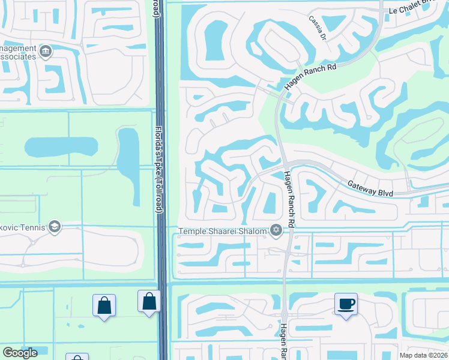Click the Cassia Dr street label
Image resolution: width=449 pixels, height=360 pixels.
point(318,28)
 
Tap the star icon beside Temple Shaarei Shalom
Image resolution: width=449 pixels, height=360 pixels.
point(276,230)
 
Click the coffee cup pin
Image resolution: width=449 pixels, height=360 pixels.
point(346,304)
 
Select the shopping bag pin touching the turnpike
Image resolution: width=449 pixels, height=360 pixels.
point(149,301)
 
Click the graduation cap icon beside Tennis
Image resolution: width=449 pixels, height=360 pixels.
point(55,227)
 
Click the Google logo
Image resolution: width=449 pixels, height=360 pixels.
point(20,353)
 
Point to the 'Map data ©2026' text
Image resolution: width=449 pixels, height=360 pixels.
point(423,355)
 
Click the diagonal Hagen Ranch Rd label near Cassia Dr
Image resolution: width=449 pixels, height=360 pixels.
point(310,77)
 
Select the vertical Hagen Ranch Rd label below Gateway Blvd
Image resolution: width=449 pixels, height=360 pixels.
point(290,199)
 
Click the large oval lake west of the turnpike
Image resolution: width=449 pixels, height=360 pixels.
point(61,146)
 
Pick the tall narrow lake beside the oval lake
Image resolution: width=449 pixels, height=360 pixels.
point(128,152)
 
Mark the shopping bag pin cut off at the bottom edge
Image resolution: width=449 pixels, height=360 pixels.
point(77,358)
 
